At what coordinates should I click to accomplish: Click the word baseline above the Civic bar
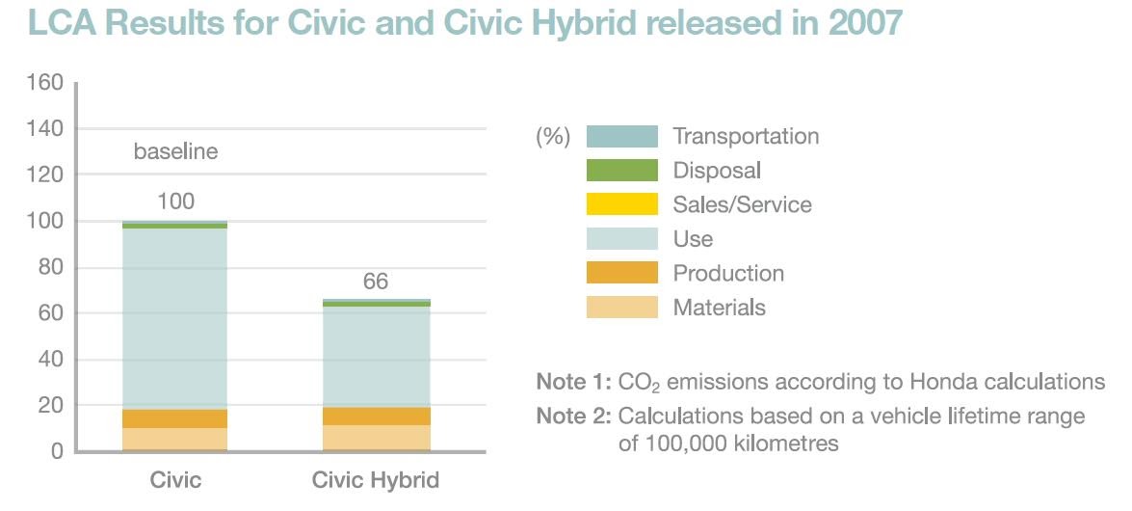point(175,151)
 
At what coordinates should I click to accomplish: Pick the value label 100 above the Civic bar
point(175,202)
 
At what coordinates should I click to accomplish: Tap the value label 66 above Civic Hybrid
point(375,282)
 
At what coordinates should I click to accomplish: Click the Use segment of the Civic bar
point(175,318)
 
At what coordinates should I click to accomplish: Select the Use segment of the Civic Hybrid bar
point(375,357)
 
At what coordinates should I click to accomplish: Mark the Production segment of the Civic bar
point(175,418)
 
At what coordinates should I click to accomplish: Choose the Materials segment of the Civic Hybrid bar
point(375,437)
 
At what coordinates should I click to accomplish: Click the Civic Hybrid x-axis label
point(375,480)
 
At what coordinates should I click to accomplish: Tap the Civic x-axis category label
point(175,480)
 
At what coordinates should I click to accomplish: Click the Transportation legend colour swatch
point(622,136)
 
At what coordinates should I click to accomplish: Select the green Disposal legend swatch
point(622,171)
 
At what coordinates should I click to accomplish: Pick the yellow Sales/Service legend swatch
point(622,204)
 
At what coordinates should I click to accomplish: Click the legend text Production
point(728,273)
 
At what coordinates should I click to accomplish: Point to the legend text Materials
point(719,308)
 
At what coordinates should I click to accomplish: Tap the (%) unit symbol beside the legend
point(553,137)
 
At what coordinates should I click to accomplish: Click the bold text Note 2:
point(573,417)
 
